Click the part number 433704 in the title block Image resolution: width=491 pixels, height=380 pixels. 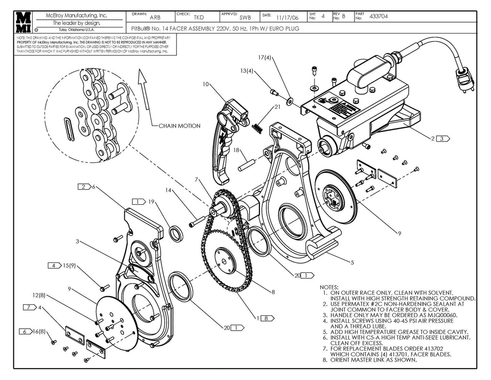point(378,17)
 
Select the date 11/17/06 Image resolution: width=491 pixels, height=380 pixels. point(287,18)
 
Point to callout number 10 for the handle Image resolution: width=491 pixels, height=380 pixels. point(206,84)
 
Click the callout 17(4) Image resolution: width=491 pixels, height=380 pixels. point(265,58)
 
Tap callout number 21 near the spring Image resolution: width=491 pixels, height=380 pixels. point(277,107)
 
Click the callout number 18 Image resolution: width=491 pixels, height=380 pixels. point(236,150)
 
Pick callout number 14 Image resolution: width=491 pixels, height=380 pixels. point(168,190)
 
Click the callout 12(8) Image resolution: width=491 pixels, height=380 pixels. point(39,295)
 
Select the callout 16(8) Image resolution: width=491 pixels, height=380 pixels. point(39,331)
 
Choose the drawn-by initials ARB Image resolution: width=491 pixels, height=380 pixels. point(155,18)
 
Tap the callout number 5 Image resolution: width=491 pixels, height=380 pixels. point(352,262)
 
